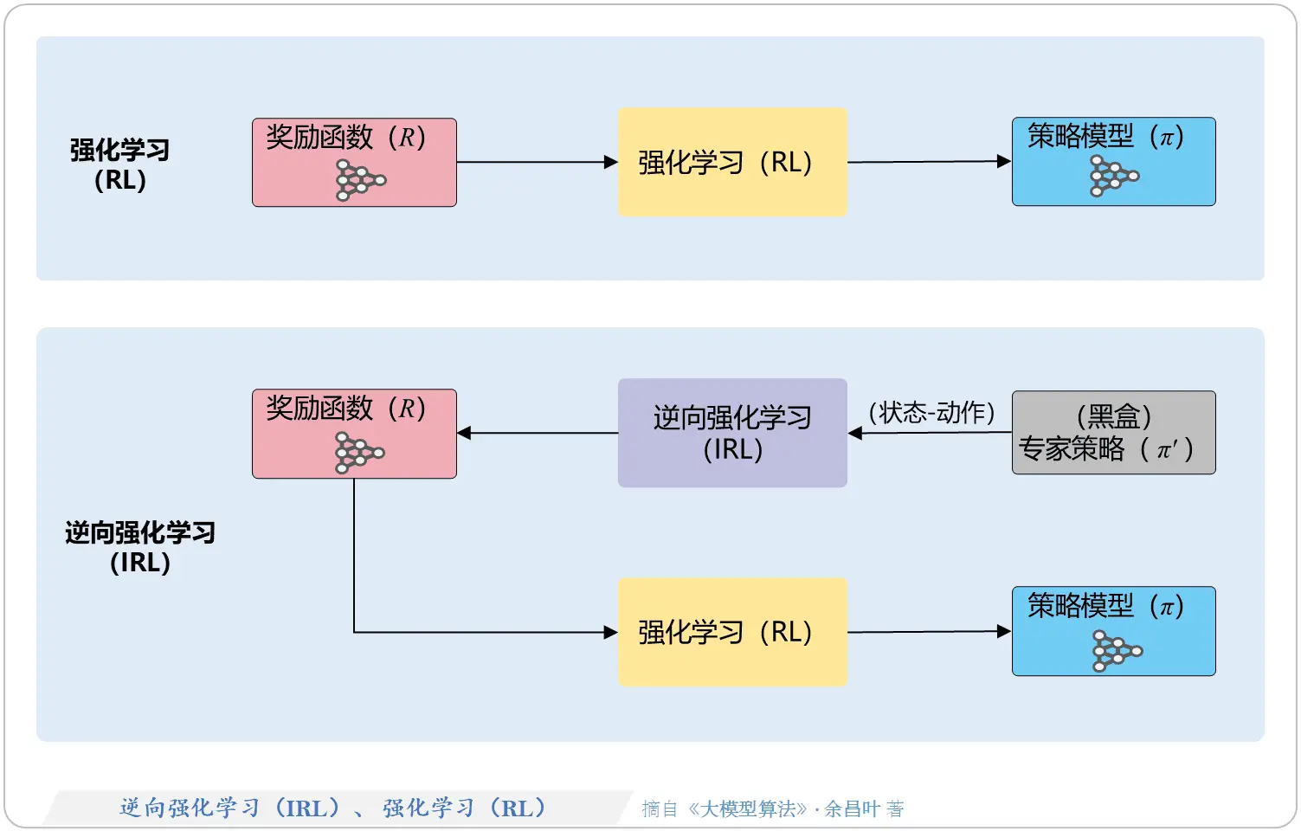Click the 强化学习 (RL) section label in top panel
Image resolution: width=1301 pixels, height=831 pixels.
[x=119, y=164]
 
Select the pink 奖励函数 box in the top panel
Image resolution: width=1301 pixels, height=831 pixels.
[x=354, y=162]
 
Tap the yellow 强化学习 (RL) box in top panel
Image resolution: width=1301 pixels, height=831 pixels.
[x=731, y=162]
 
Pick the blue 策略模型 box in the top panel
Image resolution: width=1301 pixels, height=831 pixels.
[x=1113, y=162]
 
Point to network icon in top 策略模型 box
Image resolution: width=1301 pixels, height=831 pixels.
[x=1113, y=177]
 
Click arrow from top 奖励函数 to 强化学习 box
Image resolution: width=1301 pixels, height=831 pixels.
[x=537, y=162]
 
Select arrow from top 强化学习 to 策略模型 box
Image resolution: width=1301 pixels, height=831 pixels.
[x=928, y=162]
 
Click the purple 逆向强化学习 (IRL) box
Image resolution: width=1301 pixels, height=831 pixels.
[x=731, y=433]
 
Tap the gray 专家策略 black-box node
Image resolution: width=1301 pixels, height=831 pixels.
[x=1113, y=433]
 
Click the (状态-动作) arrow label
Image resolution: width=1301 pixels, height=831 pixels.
[x=931, y=413]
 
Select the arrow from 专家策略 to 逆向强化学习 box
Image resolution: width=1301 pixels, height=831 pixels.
[x=930, y=433]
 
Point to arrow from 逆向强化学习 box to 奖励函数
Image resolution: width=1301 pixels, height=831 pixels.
[x=537, y=433]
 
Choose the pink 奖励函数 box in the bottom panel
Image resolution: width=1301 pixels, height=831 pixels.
[x=354, y=433]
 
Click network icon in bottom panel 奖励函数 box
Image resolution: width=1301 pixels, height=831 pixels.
[x=358, y=453]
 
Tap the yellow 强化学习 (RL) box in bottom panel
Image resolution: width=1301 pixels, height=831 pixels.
[x=731, y=632]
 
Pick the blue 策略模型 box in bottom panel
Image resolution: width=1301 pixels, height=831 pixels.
[x=1113, y=631]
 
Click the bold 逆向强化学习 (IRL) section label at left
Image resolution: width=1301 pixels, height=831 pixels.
[x=140, y=547]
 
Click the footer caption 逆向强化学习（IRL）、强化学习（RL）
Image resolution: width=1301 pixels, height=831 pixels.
[x=333, y=808]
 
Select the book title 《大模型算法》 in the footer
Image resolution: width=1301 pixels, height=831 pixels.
[x=748, y=809]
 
